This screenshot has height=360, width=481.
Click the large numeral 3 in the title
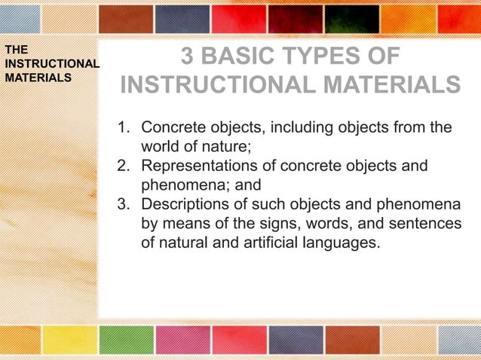[189, 59]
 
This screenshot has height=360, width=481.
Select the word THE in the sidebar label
[15, 50]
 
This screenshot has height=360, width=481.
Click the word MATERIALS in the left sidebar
[38, 77]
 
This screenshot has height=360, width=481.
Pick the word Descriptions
[185, 204]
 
